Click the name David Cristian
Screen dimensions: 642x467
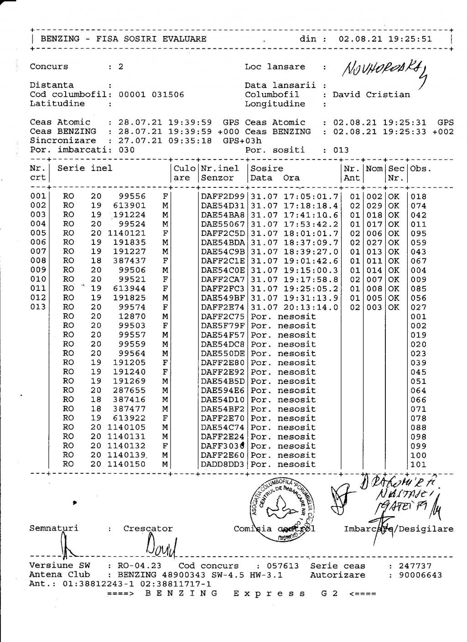371,95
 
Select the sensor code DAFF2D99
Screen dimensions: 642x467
223,197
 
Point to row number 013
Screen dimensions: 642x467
38,307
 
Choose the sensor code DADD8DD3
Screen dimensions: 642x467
223,465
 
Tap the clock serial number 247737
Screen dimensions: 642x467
415,566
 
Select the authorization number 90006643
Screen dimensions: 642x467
420,575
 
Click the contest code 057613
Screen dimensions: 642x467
282,566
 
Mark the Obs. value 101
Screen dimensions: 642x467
418,465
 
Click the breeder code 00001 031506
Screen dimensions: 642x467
151,95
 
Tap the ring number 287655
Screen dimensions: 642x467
130,390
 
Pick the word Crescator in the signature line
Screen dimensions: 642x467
148,529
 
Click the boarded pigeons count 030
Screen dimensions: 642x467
126,150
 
